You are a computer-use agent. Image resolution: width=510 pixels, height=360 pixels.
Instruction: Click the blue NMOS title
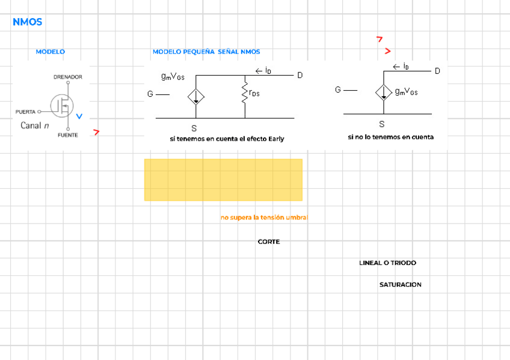pos(27,22)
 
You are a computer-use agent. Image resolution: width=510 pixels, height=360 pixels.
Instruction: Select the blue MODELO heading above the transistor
pos(50,52)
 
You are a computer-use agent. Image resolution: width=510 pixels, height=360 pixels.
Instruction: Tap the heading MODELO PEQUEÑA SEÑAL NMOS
pos(206,52)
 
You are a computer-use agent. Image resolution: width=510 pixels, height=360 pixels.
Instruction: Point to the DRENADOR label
pos(67,77)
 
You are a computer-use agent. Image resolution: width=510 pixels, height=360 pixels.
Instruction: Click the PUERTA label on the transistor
pos(26,112)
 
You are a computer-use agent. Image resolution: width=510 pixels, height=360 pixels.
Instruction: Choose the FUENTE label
pos(67,135)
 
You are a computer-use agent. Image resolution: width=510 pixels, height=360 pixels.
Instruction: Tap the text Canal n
pos(35,126)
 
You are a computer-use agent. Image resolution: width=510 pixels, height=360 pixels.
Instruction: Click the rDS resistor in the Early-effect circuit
pos(245,94)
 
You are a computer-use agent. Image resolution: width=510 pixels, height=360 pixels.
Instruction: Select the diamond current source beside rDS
pos(196,96)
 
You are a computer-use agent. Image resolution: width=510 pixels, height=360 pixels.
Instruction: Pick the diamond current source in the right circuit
pos(383,92)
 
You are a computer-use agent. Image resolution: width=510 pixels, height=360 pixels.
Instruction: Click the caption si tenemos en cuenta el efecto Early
pos(227,139)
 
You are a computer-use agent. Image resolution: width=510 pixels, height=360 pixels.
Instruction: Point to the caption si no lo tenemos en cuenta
pos(390,137)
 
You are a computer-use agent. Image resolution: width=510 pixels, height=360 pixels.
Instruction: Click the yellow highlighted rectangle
pos(223,180)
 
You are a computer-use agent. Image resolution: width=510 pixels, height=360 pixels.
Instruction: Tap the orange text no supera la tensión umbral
pos(264,217)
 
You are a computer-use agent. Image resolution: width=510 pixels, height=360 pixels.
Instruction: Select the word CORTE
pos(269,242)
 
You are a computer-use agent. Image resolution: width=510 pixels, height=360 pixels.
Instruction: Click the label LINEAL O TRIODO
pos(387,263)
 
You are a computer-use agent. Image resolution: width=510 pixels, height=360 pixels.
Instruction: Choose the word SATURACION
pos(400,284)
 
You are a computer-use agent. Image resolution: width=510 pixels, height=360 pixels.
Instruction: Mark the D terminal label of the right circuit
pos(437,71)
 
